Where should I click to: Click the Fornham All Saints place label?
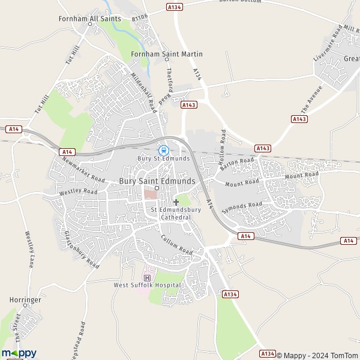89,19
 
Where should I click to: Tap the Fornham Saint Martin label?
166,54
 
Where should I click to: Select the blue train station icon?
163,150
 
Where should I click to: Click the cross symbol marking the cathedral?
176,202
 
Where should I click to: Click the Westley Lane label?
28,250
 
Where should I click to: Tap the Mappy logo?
19,353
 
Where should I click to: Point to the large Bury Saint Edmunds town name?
157,181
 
